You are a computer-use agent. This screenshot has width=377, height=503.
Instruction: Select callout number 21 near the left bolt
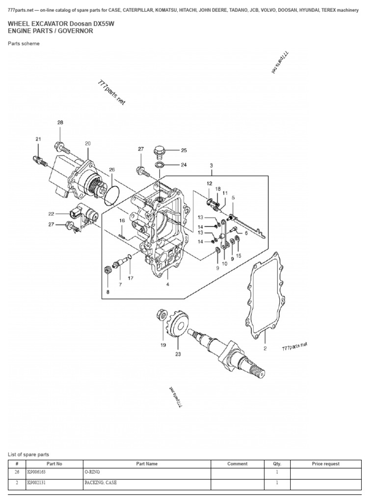click(x=38, y=139)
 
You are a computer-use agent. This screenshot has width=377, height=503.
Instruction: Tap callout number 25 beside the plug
click(x=184, y=151)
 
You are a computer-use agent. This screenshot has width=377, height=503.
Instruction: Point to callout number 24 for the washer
click(x=184, y=165)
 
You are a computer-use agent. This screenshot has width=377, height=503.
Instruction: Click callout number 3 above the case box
click(x=211, y=166)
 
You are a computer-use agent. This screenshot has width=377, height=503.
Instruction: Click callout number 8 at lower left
click(x=108, y=292)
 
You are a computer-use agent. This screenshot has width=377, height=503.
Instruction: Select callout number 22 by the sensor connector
click(x=51, y=214)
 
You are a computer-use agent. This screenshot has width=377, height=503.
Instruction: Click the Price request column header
click(x=325, y=464)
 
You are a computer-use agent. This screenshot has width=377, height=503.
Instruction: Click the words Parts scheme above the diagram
click(x=24, y=43)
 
